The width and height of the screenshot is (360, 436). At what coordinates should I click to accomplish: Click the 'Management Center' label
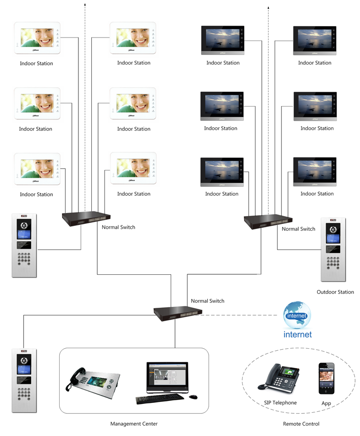coord(134,424)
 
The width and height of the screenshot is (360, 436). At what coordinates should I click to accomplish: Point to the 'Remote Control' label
coord(301,424)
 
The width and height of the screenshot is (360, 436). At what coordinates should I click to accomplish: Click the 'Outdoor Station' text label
coord(335,292)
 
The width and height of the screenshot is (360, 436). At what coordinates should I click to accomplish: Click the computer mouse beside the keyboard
coord(193,397)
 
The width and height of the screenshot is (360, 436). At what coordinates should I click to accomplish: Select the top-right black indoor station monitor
coord(314,39)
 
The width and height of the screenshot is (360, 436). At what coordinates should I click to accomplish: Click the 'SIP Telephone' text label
coord(280,403)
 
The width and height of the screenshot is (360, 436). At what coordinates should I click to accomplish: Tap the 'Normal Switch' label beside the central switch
coord(208,301)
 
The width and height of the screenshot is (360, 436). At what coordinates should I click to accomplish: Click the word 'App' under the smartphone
coord(326,404)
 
